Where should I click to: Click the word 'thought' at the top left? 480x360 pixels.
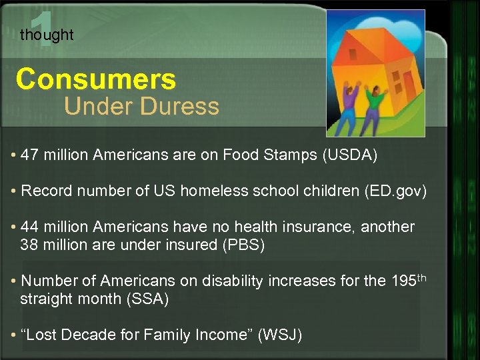click(47, 35)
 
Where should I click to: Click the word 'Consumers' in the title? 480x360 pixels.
click(96, 79)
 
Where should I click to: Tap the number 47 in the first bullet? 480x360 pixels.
click(29, 156)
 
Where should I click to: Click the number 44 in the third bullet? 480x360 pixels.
click(29, 227)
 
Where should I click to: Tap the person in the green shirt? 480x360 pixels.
click(375, 107)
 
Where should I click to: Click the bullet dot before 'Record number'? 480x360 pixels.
click(14, 192)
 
